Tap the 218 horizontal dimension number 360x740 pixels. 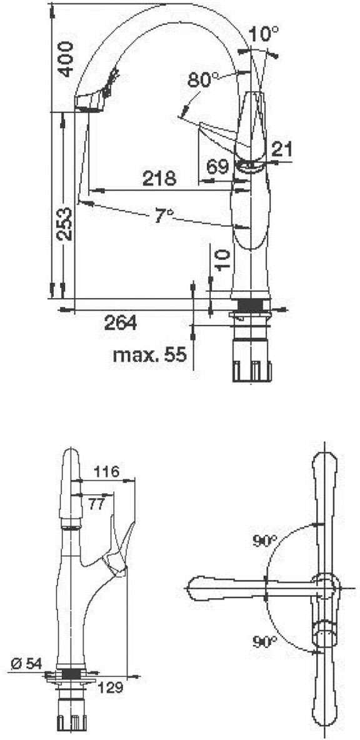click(x=159, y=179)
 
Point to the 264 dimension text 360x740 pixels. click(x=120, y=322)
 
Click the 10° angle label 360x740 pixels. click(x=263, y=34)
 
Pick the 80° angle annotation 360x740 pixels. click(x=204, y=80)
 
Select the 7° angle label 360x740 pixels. click(x=164, y=216)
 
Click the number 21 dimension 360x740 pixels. click(x=282, y=148)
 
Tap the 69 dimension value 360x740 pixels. click(x=217, y=167)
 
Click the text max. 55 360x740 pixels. click(x=149, y=356)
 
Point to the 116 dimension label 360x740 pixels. click(x=106, y=471)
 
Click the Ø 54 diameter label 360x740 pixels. click(x=26, y=663)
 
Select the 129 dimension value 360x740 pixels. click(x=110, y=687)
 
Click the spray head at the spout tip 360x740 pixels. click(x=89, y=101)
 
